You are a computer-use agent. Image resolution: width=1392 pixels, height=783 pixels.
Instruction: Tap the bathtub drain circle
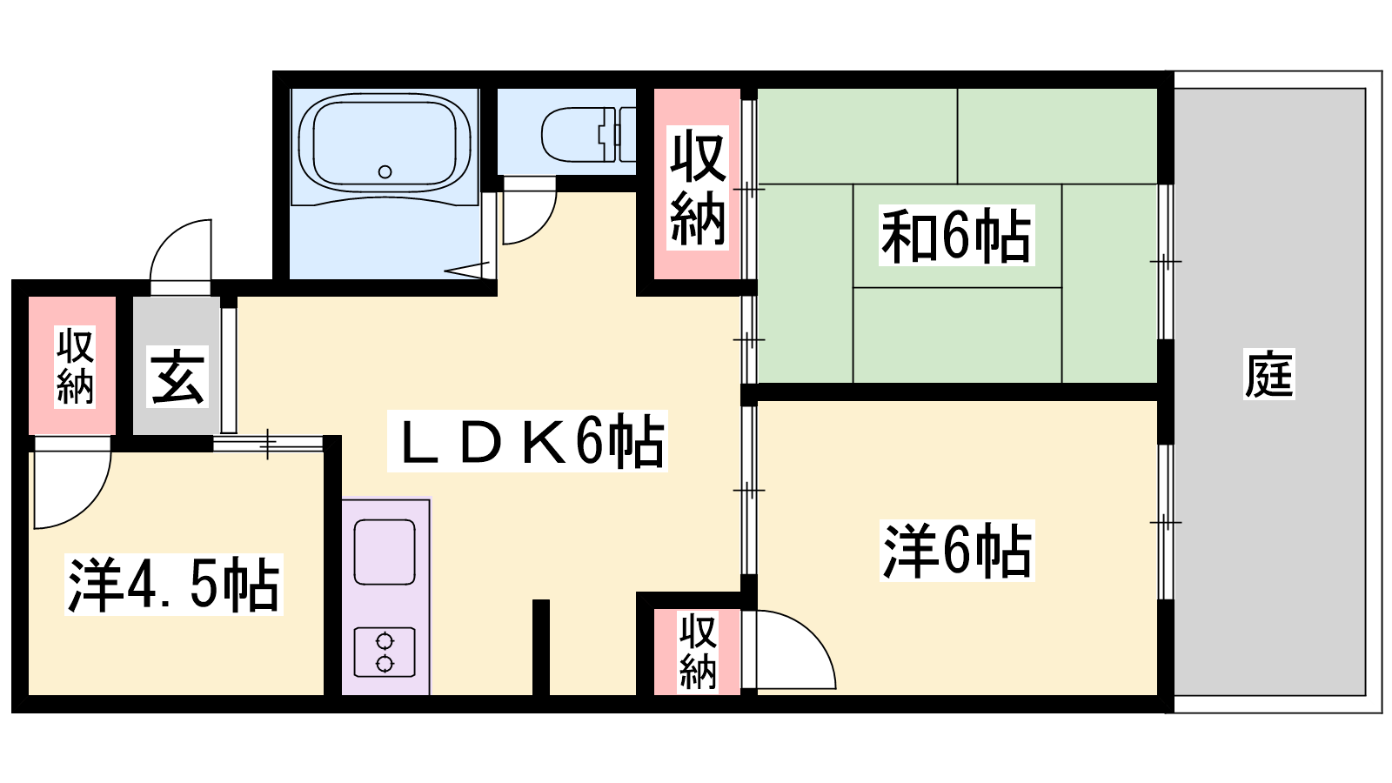385,171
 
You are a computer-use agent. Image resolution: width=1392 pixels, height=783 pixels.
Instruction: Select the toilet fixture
588,134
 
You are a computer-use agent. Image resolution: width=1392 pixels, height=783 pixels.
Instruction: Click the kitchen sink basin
385,552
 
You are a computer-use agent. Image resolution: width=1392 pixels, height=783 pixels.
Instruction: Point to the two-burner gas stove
385,652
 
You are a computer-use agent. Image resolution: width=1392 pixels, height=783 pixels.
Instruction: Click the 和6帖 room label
956,236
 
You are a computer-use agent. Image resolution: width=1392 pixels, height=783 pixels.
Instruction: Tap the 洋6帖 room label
957,551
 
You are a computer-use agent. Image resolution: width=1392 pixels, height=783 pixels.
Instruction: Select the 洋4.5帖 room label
174,585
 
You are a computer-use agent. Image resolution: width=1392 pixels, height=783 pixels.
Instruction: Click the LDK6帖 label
527,441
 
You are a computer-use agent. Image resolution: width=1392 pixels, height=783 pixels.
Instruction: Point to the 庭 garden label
1269,373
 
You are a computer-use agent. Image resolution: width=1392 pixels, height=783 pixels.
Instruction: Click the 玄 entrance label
177,377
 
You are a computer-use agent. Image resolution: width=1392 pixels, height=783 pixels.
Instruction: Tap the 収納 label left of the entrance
75,366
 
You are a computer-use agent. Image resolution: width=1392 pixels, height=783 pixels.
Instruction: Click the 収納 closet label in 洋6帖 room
697,652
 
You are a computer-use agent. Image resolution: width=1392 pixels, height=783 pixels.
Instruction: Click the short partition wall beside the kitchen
540,647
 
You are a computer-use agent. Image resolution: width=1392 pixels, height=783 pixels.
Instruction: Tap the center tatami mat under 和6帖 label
957,236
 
